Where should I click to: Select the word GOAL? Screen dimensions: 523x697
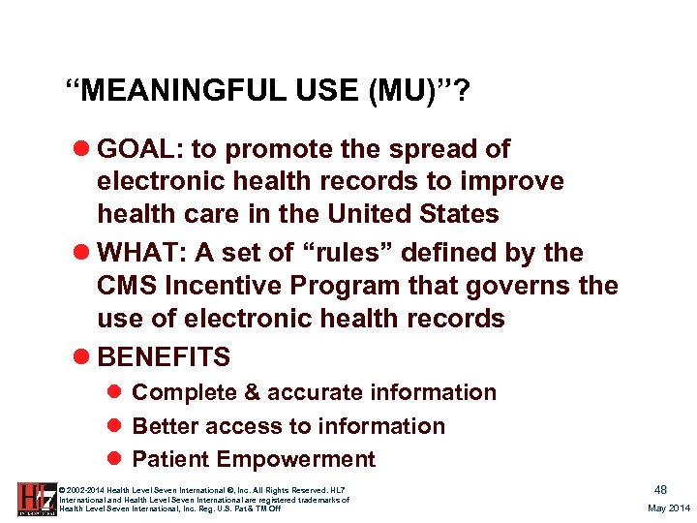click(x=139, y=149)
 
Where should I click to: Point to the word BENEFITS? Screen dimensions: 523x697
click(x=164, y=356)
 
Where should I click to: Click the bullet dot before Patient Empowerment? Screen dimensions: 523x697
click(x=113, y=460)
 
